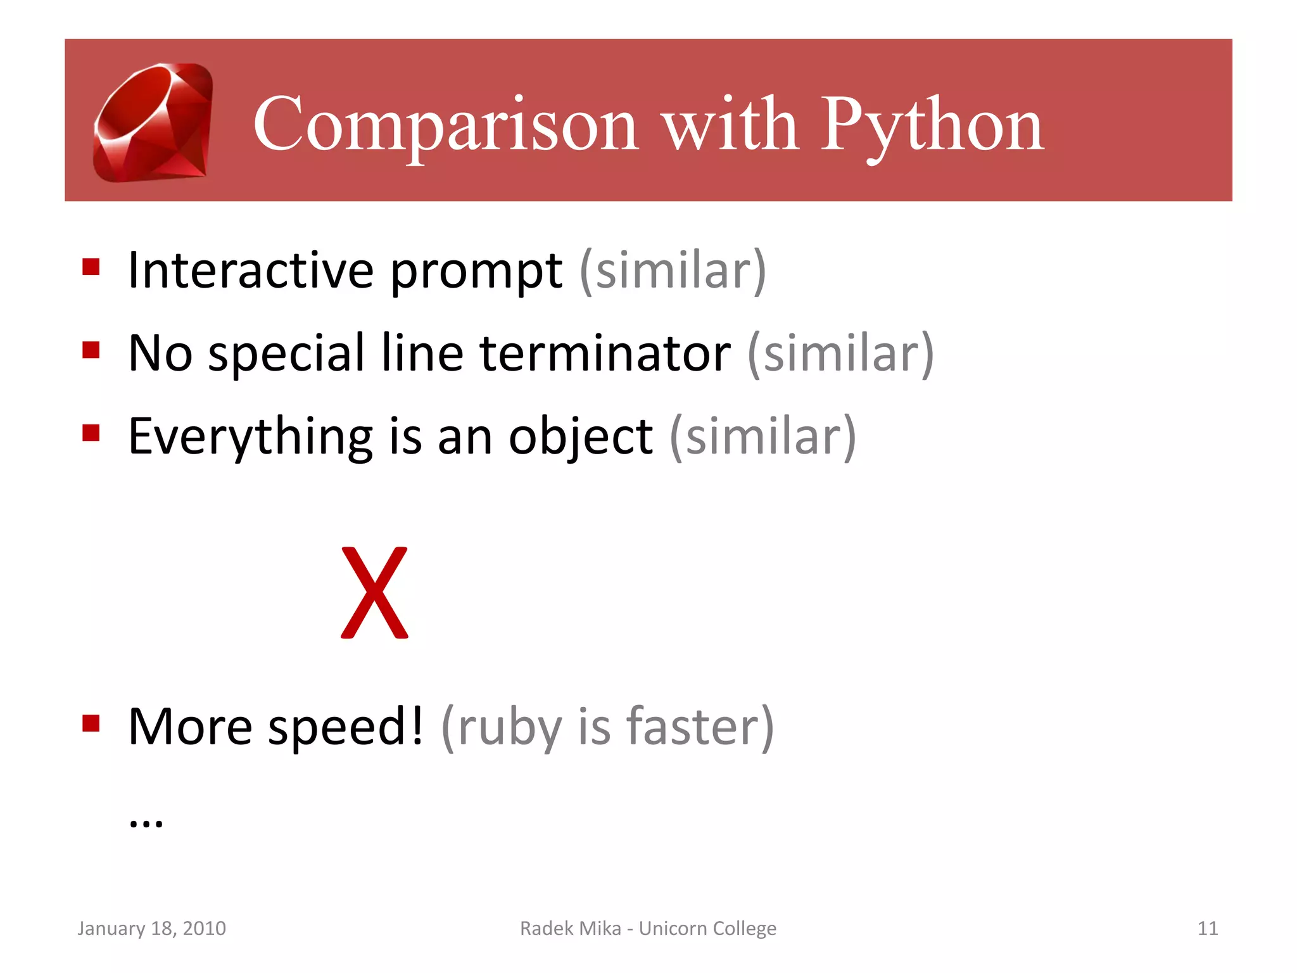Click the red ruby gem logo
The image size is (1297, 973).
tap(153, 122)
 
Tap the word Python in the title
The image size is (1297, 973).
tap(932, 125)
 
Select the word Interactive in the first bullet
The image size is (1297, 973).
tap(251, 270)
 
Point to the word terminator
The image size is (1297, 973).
tap(605, 353)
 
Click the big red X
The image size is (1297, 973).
tap(374, 593)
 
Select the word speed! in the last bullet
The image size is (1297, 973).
tap(345, 728)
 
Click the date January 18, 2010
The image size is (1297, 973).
tap(151, 929)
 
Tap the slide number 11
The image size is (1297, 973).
tap(1207, 929)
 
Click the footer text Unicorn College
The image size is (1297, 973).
tap(707, 929)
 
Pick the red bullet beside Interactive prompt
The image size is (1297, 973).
tap(91, 267)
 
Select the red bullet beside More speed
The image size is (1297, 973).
tap(91, 723)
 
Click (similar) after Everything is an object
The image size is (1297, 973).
tap(762, 437)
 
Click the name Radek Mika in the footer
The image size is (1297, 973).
tap(570, 929)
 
